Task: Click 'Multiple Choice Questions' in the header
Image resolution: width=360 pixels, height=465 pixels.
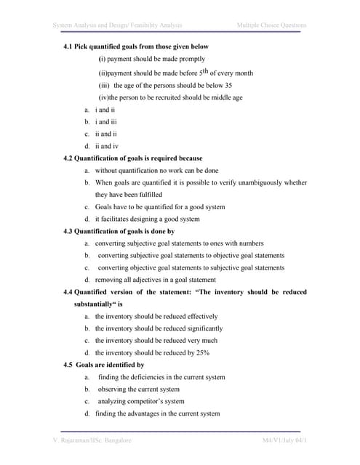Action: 271,26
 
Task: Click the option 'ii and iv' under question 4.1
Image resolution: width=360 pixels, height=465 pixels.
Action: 108,145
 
